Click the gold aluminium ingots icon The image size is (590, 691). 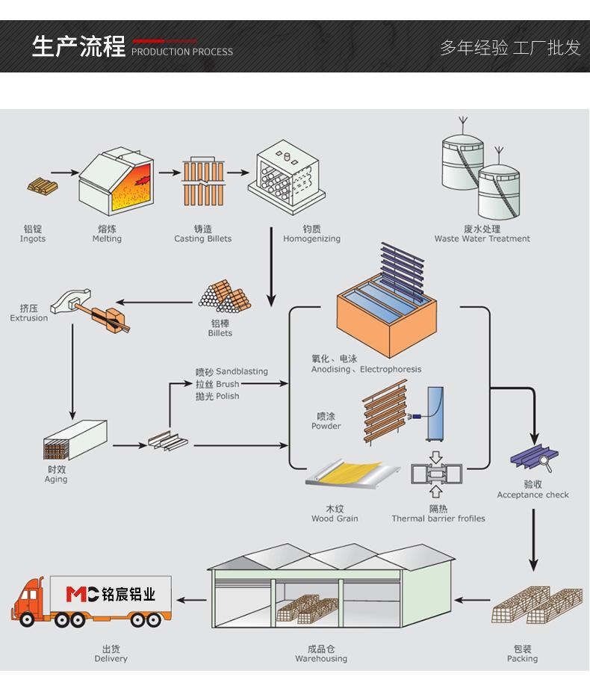coord(43,186)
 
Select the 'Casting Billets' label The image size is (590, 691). coord(202,239)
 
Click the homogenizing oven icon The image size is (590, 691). coord(286,177)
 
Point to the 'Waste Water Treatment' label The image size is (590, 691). coord(482,239)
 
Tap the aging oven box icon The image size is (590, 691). coord(75,440)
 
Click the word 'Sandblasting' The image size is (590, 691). coord(242,371)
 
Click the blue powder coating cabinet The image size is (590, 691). coord(435,413)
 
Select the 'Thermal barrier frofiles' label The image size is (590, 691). coord(438,518)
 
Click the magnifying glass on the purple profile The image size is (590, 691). coord(546,463)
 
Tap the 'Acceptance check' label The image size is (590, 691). coord(532,495)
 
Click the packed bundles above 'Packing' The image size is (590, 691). coord(537,604)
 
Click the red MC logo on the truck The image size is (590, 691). coord(82,594)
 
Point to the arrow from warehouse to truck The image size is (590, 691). coord(191,600)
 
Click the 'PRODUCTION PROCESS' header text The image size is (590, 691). coord(182,52)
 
